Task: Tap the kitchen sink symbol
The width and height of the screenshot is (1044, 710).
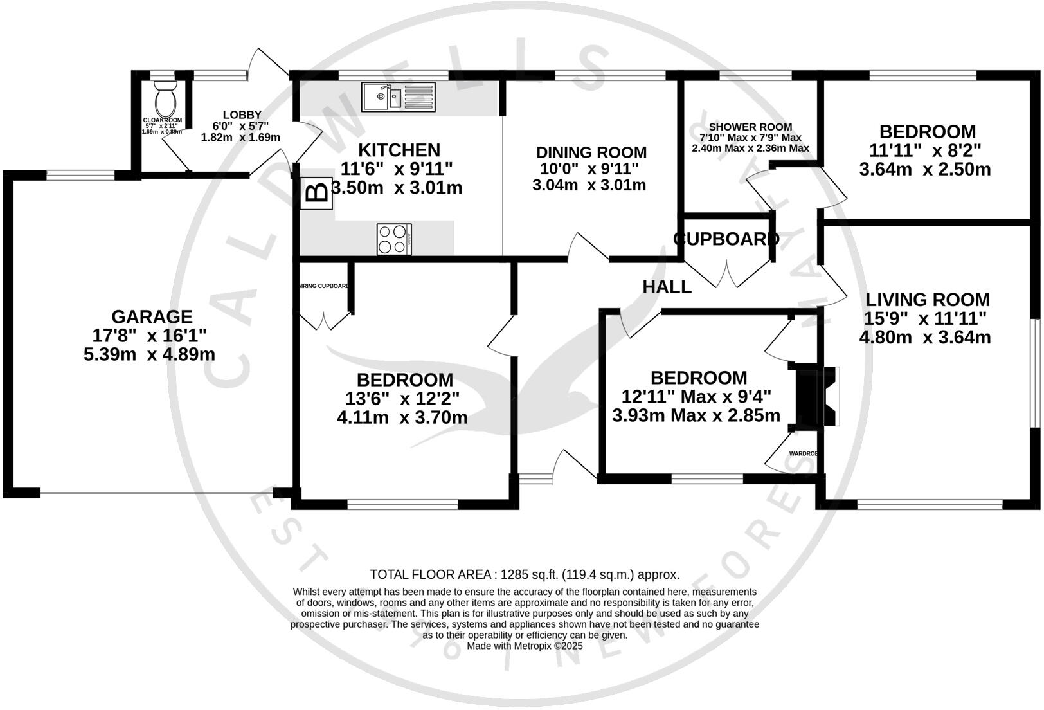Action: pos(398,97)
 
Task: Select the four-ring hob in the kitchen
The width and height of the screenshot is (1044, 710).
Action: pos(394,239)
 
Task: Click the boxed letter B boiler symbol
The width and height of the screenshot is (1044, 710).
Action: pos(316,193)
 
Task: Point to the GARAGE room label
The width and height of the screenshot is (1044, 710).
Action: pos(152,316)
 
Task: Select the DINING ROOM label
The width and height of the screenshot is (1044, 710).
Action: pos(591,152)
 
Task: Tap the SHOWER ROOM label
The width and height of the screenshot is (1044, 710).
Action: pos(750,127)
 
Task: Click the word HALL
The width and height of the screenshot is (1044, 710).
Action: pos(667,287)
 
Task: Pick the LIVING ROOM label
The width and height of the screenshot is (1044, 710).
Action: pos(927,300)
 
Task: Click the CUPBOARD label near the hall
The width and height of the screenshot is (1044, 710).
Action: pos(726,239)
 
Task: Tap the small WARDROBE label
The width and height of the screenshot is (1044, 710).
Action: pos(803,453)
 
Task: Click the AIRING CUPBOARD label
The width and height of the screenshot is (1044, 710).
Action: pos(325,286)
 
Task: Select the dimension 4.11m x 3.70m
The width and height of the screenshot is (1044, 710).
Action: pos(402,417)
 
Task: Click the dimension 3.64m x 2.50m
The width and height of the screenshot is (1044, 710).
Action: pos(924,170)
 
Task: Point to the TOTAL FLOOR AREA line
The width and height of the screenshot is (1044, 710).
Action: pos(524,574)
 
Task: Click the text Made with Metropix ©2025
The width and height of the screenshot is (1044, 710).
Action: pos(524,646)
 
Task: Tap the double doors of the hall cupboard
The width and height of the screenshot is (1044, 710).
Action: pos(728,273)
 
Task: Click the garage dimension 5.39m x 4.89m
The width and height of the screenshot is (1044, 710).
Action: pos(149,354)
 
